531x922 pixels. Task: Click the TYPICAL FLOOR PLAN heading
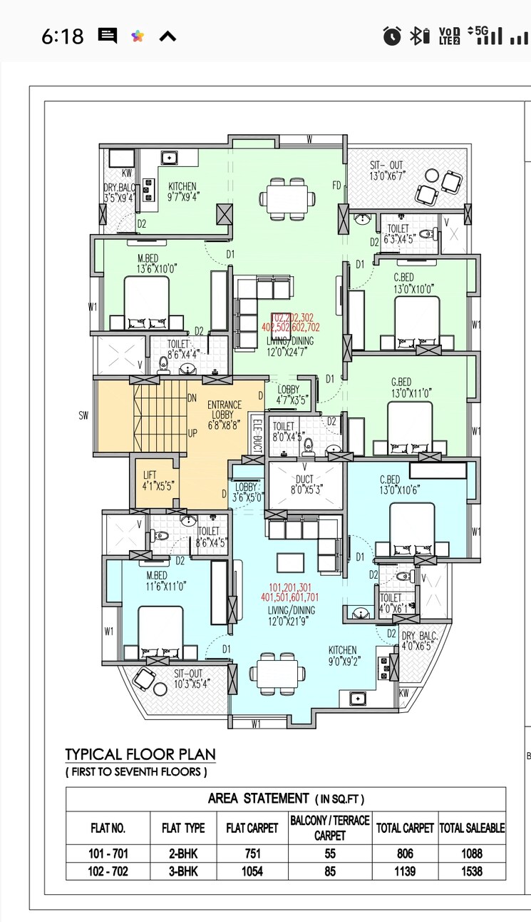pos(140,754)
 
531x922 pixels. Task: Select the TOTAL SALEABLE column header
pos(472,828)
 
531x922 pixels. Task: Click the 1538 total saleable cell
pos(472,871)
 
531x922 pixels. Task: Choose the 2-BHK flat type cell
pos(183,853)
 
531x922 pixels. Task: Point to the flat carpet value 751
pos(252,853)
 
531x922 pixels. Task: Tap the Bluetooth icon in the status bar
pos(418,36)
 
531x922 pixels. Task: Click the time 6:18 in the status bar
pos(62,36)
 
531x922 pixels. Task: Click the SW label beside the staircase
pos(83,416)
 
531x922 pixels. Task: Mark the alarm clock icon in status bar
pos(391,36)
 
